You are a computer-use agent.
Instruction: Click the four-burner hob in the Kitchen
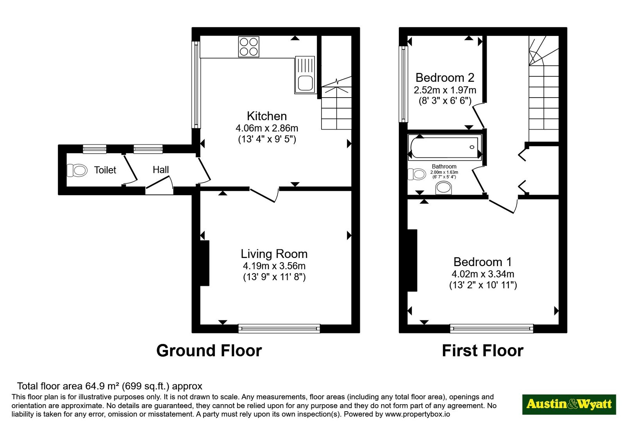point(248,47)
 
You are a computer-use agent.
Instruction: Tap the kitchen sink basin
point(305,83)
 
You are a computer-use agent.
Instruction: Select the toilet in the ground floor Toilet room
point(77,170)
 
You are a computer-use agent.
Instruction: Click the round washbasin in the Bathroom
point(443,188)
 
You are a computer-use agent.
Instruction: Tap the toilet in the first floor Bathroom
point(417,174)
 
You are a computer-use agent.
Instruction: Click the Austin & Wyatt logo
point(569,404)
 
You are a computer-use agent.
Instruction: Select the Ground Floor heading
point(209,351)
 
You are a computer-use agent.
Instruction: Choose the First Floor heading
point(483,351)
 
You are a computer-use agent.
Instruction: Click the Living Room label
point(274,254)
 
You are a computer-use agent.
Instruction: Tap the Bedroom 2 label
point(445,78)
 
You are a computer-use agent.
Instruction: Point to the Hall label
point(161,170)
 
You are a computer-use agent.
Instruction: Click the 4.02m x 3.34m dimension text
point(483,274)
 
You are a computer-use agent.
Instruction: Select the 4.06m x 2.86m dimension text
point(267,128)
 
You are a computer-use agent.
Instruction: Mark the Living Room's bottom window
point(279,328)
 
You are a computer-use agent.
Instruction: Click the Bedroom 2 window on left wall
point(403,84)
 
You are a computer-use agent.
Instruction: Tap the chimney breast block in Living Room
point(205,263)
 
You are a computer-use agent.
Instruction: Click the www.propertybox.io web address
point(418,414)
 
